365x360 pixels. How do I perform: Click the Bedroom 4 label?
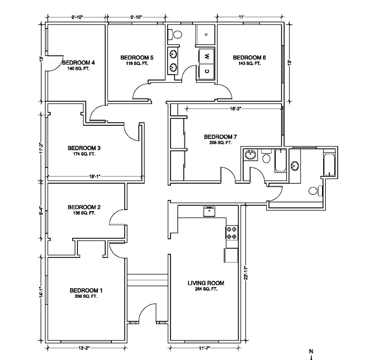coord(78,63)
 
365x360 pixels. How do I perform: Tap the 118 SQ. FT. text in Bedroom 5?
coord(137,63)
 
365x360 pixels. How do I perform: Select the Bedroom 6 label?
coord(249,58)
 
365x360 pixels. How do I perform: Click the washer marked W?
coord(206,56)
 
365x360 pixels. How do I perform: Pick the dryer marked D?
coord(206,71)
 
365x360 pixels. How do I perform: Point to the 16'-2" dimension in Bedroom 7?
coord(235,109)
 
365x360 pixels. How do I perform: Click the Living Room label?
coord(206,283)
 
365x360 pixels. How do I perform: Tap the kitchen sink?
coord(209,211)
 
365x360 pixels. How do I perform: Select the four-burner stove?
coord(232,233)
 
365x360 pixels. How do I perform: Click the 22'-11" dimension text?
coord(246,273)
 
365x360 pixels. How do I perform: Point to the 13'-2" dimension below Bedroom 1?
coord(84,348)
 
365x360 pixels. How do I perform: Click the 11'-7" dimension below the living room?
coord(204,348)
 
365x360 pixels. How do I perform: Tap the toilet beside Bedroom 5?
coord(175,35)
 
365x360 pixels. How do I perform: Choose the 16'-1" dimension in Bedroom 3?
coord(95,176)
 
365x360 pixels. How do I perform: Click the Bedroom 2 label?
coord(84,207)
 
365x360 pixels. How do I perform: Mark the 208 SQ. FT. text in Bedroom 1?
coord(86,296)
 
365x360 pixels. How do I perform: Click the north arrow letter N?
coord(311,352)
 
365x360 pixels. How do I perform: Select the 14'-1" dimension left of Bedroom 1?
coord(41,292)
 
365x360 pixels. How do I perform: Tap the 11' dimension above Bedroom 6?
coord(241,17)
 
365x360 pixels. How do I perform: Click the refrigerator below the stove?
coord(231,255)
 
